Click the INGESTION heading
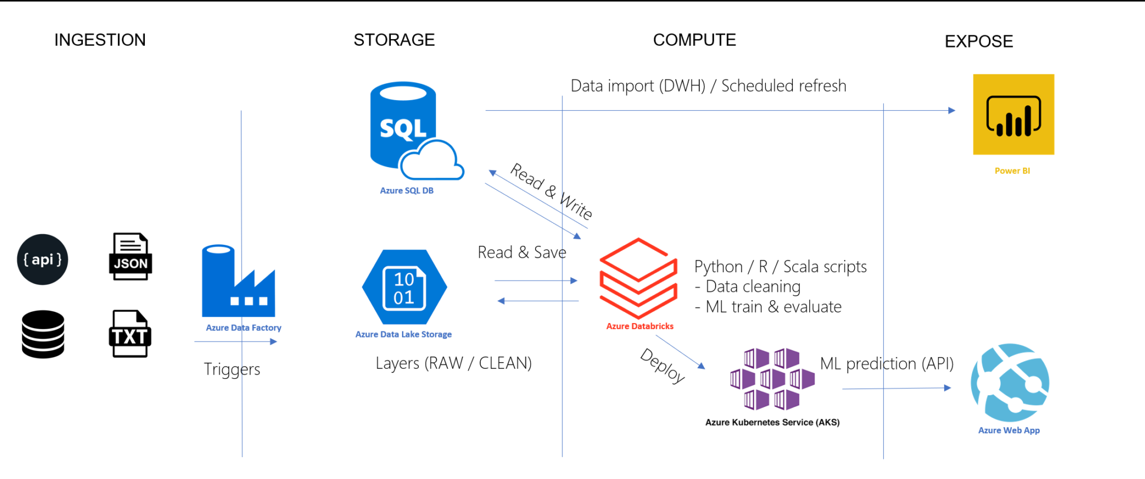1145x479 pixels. (100, 40)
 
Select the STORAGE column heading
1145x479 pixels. (394, 40)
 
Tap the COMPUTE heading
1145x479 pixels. (694, 40)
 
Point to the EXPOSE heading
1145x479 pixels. (979, 41)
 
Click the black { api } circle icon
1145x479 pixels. (42, 259)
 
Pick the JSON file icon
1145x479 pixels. (130, 257)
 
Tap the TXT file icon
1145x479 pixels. (130, 334)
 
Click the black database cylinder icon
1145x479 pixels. (43, 334)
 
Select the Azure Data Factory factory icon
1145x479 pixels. (238, 282)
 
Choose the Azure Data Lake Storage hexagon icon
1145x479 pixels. (404, 287)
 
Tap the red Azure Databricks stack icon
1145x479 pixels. (638, 278)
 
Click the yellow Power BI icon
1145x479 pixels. (1014, 115)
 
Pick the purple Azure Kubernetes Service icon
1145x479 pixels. (772, 379)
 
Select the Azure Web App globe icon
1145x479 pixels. (1010, 383)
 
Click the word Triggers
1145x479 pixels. (232, 369)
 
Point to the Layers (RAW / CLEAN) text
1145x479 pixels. (453, 363)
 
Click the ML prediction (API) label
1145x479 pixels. (887, 364)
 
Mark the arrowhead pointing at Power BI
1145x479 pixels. (952, 111)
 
